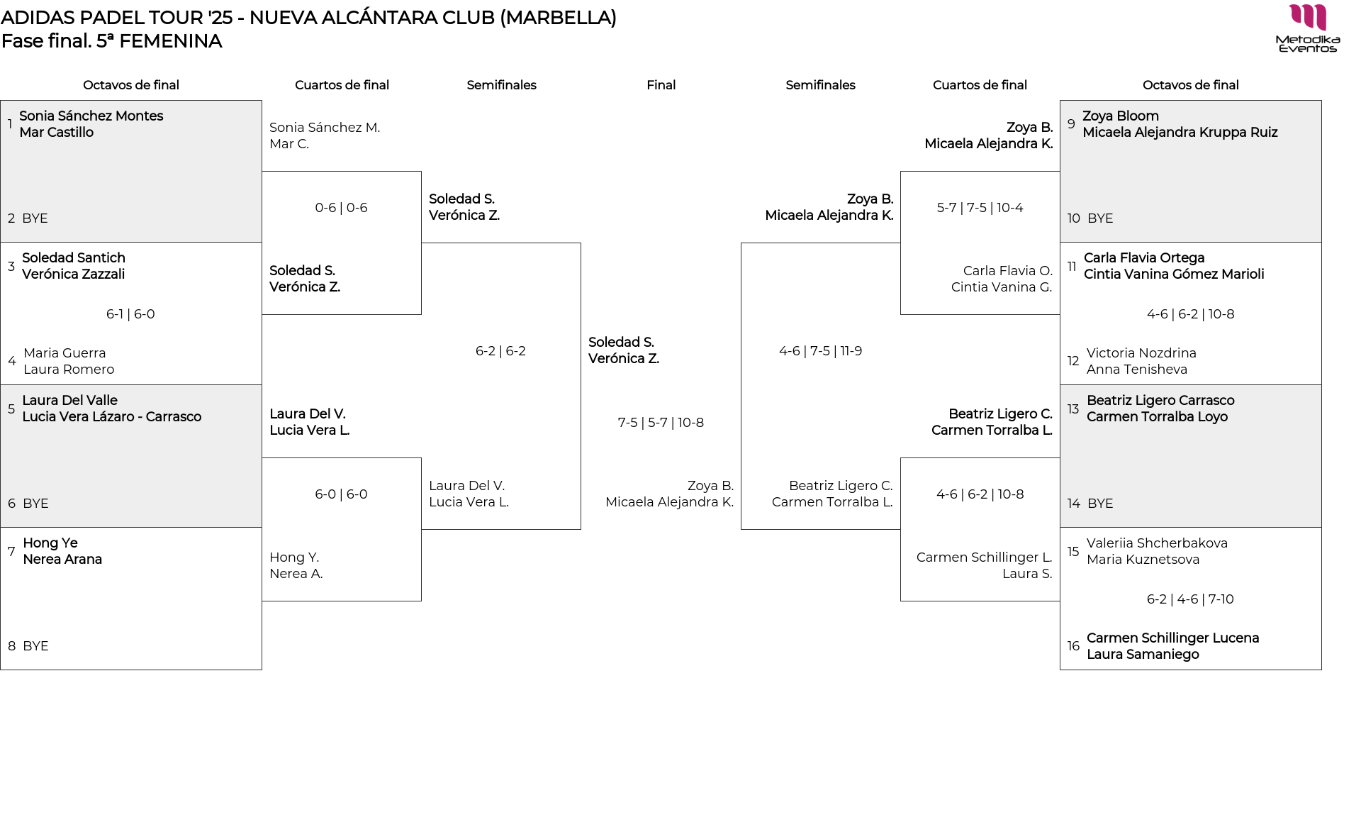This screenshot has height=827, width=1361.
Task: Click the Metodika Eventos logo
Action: [x=1308, y=28]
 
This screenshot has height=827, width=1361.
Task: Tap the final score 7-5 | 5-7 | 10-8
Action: [x=661, y=423]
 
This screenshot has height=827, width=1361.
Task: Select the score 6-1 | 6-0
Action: [x=130, y=314]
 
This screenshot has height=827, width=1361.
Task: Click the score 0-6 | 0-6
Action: [x=341, y=208]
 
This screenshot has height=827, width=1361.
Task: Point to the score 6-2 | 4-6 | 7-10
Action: [x=1190, y=599]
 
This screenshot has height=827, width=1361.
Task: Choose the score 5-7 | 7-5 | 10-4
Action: [x=980, y=208]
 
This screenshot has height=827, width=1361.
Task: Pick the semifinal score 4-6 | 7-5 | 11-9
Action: [x=820, y=351]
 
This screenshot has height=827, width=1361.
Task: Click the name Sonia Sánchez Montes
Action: [x=91, y=116]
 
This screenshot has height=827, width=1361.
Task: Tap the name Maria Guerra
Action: [x=65, y=353]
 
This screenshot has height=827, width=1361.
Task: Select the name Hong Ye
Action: [x=50, y=543]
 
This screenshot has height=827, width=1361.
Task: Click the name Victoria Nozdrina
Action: [x=1141, y=353]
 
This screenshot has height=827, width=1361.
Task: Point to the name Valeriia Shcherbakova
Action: [x=1157, y=543]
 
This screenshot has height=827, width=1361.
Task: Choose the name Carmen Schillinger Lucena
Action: [x=1172, y=638]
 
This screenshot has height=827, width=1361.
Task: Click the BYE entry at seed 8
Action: [x=35, y=646]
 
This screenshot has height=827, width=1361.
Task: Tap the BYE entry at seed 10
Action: [x=1100, y=218]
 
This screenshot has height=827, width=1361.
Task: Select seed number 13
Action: [x=1073, y=409]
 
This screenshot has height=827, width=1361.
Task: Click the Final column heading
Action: [x=661, y=85]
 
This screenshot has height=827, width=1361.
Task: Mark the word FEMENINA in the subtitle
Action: [x=170, y=41]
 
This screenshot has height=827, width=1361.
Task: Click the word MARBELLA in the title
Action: [x=558, y=18]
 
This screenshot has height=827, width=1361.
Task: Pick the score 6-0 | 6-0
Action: [x=341, y=494]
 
